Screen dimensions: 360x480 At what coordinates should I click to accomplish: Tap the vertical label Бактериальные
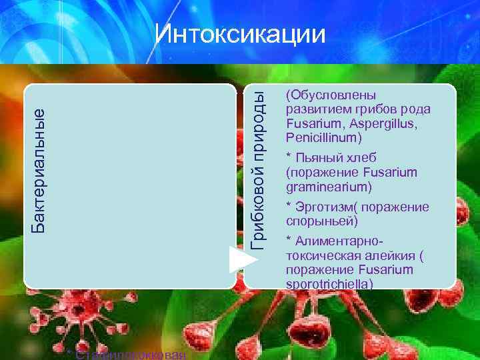(x=40, y=170)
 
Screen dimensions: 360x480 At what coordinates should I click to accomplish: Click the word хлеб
(x=362, y=158)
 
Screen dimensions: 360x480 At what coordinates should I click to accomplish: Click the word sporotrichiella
(x=329, y=284)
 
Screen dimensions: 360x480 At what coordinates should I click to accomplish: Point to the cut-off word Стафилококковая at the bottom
(x=130, y=355)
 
